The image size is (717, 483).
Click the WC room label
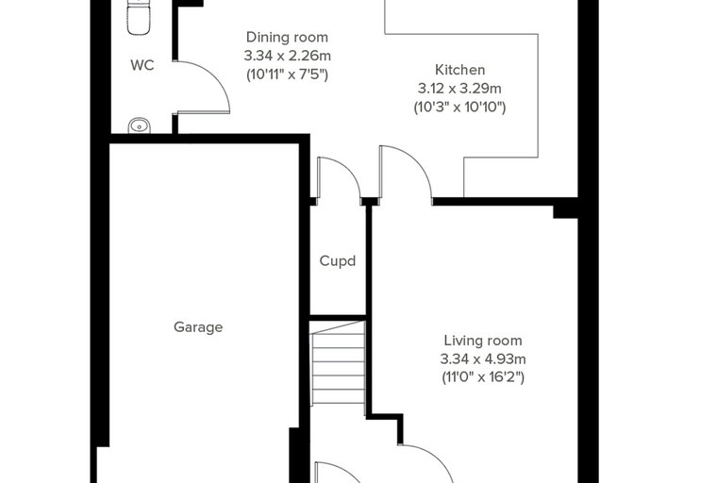(142, 65)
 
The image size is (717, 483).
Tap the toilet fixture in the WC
(139, 17)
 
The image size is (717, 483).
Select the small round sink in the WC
(139, 125)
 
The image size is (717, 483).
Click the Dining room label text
(287, 37)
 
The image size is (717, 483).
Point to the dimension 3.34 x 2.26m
(287, 56)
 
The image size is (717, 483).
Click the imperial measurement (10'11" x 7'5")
(287, 75)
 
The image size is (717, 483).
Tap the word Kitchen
(459, 70)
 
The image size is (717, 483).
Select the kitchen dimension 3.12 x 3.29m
(459, 89)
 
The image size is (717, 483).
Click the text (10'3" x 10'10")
(459, 107)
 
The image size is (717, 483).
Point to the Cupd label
(338, 261)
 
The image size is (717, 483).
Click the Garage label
(198, 327)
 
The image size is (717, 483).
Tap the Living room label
(483, 341)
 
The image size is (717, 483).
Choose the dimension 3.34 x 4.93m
(483, 359)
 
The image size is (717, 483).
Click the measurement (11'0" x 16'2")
(483, 377)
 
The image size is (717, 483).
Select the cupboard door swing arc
(350, 168)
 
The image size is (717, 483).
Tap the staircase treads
(338, 362)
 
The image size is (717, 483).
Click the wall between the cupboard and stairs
(338, 317)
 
